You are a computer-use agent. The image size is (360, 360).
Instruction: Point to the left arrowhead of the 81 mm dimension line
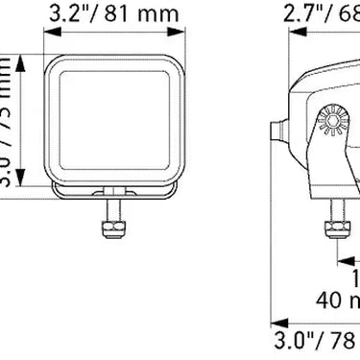pos(50,36)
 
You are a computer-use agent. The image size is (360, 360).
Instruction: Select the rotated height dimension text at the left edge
pos(8,120)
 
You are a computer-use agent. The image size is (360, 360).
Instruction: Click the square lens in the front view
pos(116,120)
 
